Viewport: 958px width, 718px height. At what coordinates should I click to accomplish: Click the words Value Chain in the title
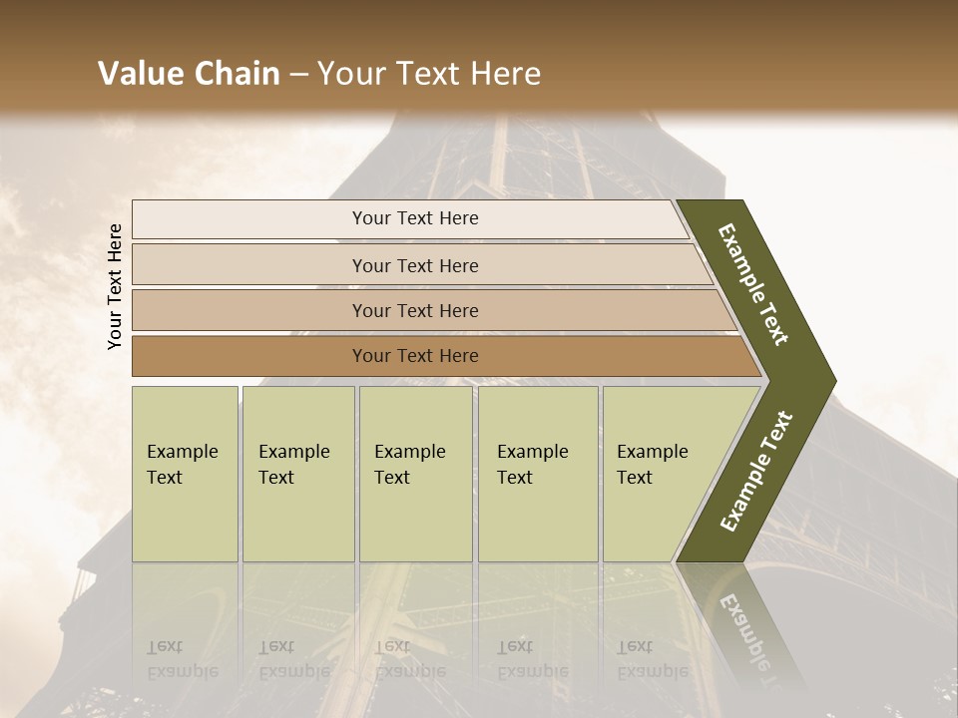click(x=189, y=74)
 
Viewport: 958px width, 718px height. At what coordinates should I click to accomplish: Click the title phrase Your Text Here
click(x=430, y=74)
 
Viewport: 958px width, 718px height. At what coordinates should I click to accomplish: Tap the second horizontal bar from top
click(x=415, y=265)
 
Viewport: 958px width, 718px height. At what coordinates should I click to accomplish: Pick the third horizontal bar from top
click(x=415, y=310)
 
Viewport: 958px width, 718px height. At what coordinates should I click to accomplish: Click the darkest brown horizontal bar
click(x=415, y=356)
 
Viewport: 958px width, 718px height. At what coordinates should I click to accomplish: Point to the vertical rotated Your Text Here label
click(x=115, y=286)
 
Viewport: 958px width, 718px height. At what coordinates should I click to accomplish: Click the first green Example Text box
click(x=185, y=473)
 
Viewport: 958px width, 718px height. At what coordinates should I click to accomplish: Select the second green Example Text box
click(x=297, y=473)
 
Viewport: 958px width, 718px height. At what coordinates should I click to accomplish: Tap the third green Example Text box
click(x=415, y=473)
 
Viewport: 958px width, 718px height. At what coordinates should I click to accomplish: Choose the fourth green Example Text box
click(x=537, y=473)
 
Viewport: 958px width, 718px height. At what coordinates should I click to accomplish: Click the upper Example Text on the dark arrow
click(x=753, y=284)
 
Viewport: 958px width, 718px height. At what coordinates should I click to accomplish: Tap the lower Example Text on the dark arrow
click(x=757, y=471)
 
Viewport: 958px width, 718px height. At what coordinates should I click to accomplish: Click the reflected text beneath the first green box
click(x=182, y=659)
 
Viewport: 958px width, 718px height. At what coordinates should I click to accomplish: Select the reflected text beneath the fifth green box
click(x=652, y=659)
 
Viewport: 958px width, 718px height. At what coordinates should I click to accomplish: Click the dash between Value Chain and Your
click(x=298, y=75)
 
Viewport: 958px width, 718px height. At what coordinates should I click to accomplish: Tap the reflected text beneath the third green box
click(x=409, y=659)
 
